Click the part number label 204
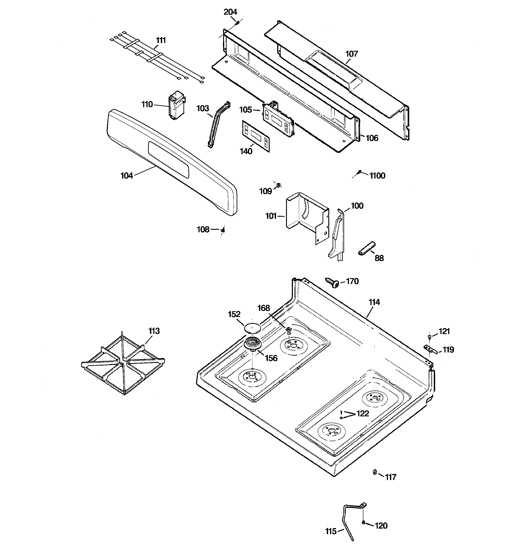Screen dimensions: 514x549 pos(230,12)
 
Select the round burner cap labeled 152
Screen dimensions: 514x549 pos(252,328)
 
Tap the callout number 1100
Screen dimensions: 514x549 pos(377,176)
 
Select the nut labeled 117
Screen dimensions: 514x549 pos(375,472)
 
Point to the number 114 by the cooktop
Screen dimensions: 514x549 pos(374,302)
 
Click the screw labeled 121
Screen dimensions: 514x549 pos(429,337)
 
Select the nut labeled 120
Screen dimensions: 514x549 pos(363,522)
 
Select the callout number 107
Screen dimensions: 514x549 pos(352,54)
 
